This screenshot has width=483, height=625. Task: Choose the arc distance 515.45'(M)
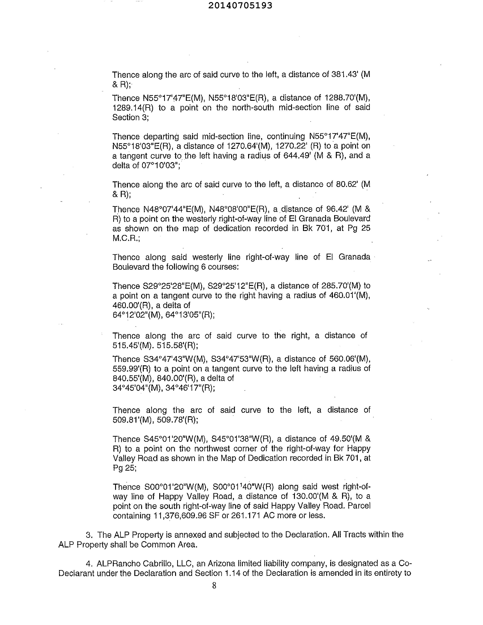(x=133, y=345)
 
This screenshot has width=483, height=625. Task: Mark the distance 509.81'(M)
(x=133, y=420)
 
